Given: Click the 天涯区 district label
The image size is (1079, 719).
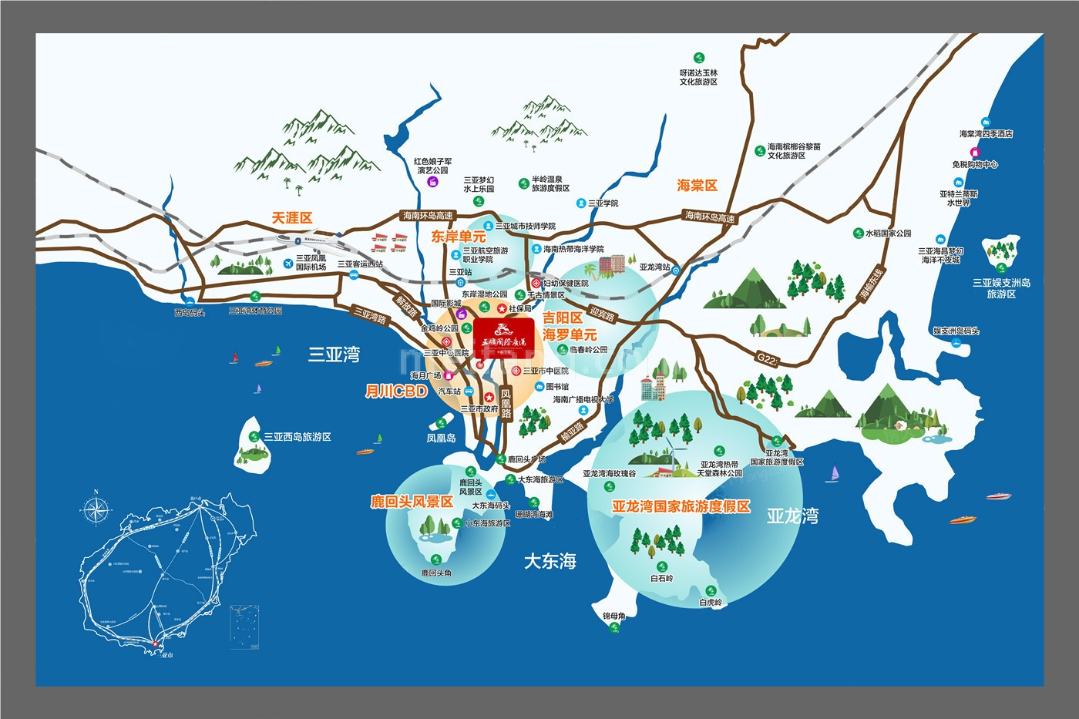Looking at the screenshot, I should (x=292, y=218).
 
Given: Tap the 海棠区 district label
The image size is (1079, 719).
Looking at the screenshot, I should (x=697, y=186).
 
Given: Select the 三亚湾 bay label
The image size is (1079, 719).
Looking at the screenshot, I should (x=334, y=354).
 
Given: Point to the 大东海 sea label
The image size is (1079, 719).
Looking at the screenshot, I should (x=550, y=561).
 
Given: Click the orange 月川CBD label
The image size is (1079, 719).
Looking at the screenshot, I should (x=396, y=391).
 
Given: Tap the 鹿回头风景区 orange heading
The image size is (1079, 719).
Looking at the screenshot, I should (x=412, y=502).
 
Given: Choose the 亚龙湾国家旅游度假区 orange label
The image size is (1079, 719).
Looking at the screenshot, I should (x=681, y=506).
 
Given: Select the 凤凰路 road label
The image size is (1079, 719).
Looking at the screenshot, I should (x=506, y=404).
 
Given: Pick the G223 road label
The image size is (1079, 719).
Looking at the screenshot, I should (x=768, y=359).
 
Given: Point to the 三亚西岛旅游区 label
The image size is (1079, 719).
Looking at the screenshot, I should (x=297, y=437).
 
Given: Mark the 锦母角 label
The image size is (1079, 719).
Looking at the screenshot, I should (x=614, y=616).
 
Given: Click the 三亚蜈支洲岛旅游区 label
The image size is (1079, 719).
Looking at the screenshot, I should (x=1001, y=288).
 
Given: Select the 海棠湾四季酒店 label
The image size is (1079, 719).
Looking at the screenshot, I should (x=986, y=134).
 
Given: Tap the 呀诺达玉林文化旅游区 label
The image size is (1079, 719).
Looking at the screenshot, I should (x=698, y=77).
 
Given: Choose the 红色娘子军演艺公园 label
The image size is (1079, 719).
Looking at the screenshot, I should (x=432, y=166).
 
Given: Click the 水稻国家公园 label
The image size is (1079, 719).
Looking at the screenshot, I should (x=888, y=233).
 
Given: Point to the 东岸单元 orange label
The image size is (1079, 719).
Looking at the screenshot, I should (x=459, y=237).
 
